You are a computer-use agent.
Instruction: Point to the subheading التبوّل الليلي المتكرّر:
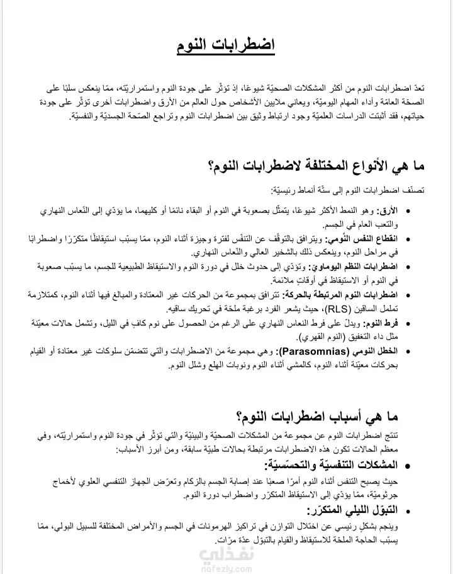coord(353,510)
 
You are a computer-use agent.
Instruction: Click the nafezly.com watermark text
coord(217,565)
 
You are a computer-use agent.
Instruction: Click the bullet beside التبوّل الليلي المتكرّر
coord(409,511)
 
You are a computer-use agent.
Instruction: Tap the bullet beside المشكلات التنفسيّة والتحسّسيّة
coord(409,466)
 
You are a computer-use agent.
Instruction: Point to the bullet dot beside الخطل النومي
coord(409,352)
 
